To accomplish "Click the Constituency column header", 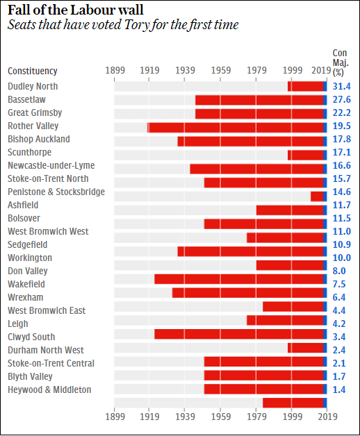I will [x=32, y=71].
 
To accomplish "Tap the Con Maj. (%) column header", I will [x=339, y=62].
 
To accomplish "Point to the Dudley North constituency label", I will [x=33, y=86].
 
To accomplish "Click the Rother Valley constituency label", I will [x=33, y=126].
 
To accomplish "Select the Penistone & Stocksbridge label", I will [x=56, y=192].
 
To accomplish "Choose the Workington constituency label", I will [x=30, y=258].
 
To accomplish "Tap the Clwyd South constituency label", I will [x=31, y=337].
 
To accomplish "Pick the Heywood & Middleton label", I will [x=49, y=389].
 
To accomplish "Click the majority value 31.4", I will [x=341, y=86].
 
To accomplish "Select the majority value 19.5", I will [x=341, y=126].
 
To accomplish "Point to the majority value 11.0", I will [x=341, y=231].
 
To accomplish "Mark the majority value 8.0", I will [x=339, y=271].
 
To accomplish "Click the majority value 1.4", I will [x=339, y=389].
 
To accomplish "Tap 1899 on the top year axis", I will [x=114, y=71].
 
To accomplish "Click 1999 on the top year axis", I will [x=292, y=71].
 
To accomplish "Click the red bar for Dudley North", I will [x=306, y=86].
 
